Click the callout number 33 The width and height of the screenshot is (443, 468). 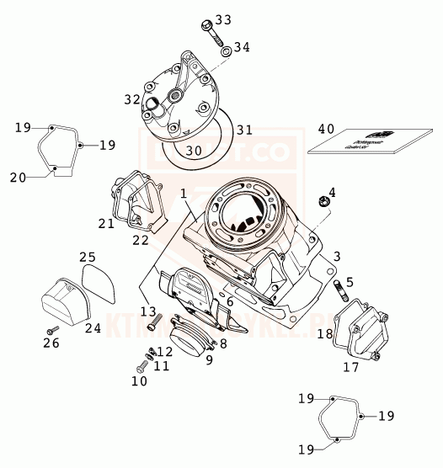221,19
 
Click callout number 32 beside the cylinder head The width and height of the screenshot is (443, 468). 132,99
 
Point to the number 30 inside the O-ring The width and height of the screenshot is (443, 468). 194,151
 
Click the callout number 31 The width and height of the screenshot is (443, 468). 244,130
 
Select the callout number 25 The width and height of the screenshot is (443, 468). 88,257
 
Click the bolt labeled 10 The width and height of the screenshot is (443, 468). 139,368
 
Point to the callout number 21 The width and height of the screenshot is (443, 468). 105,223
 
